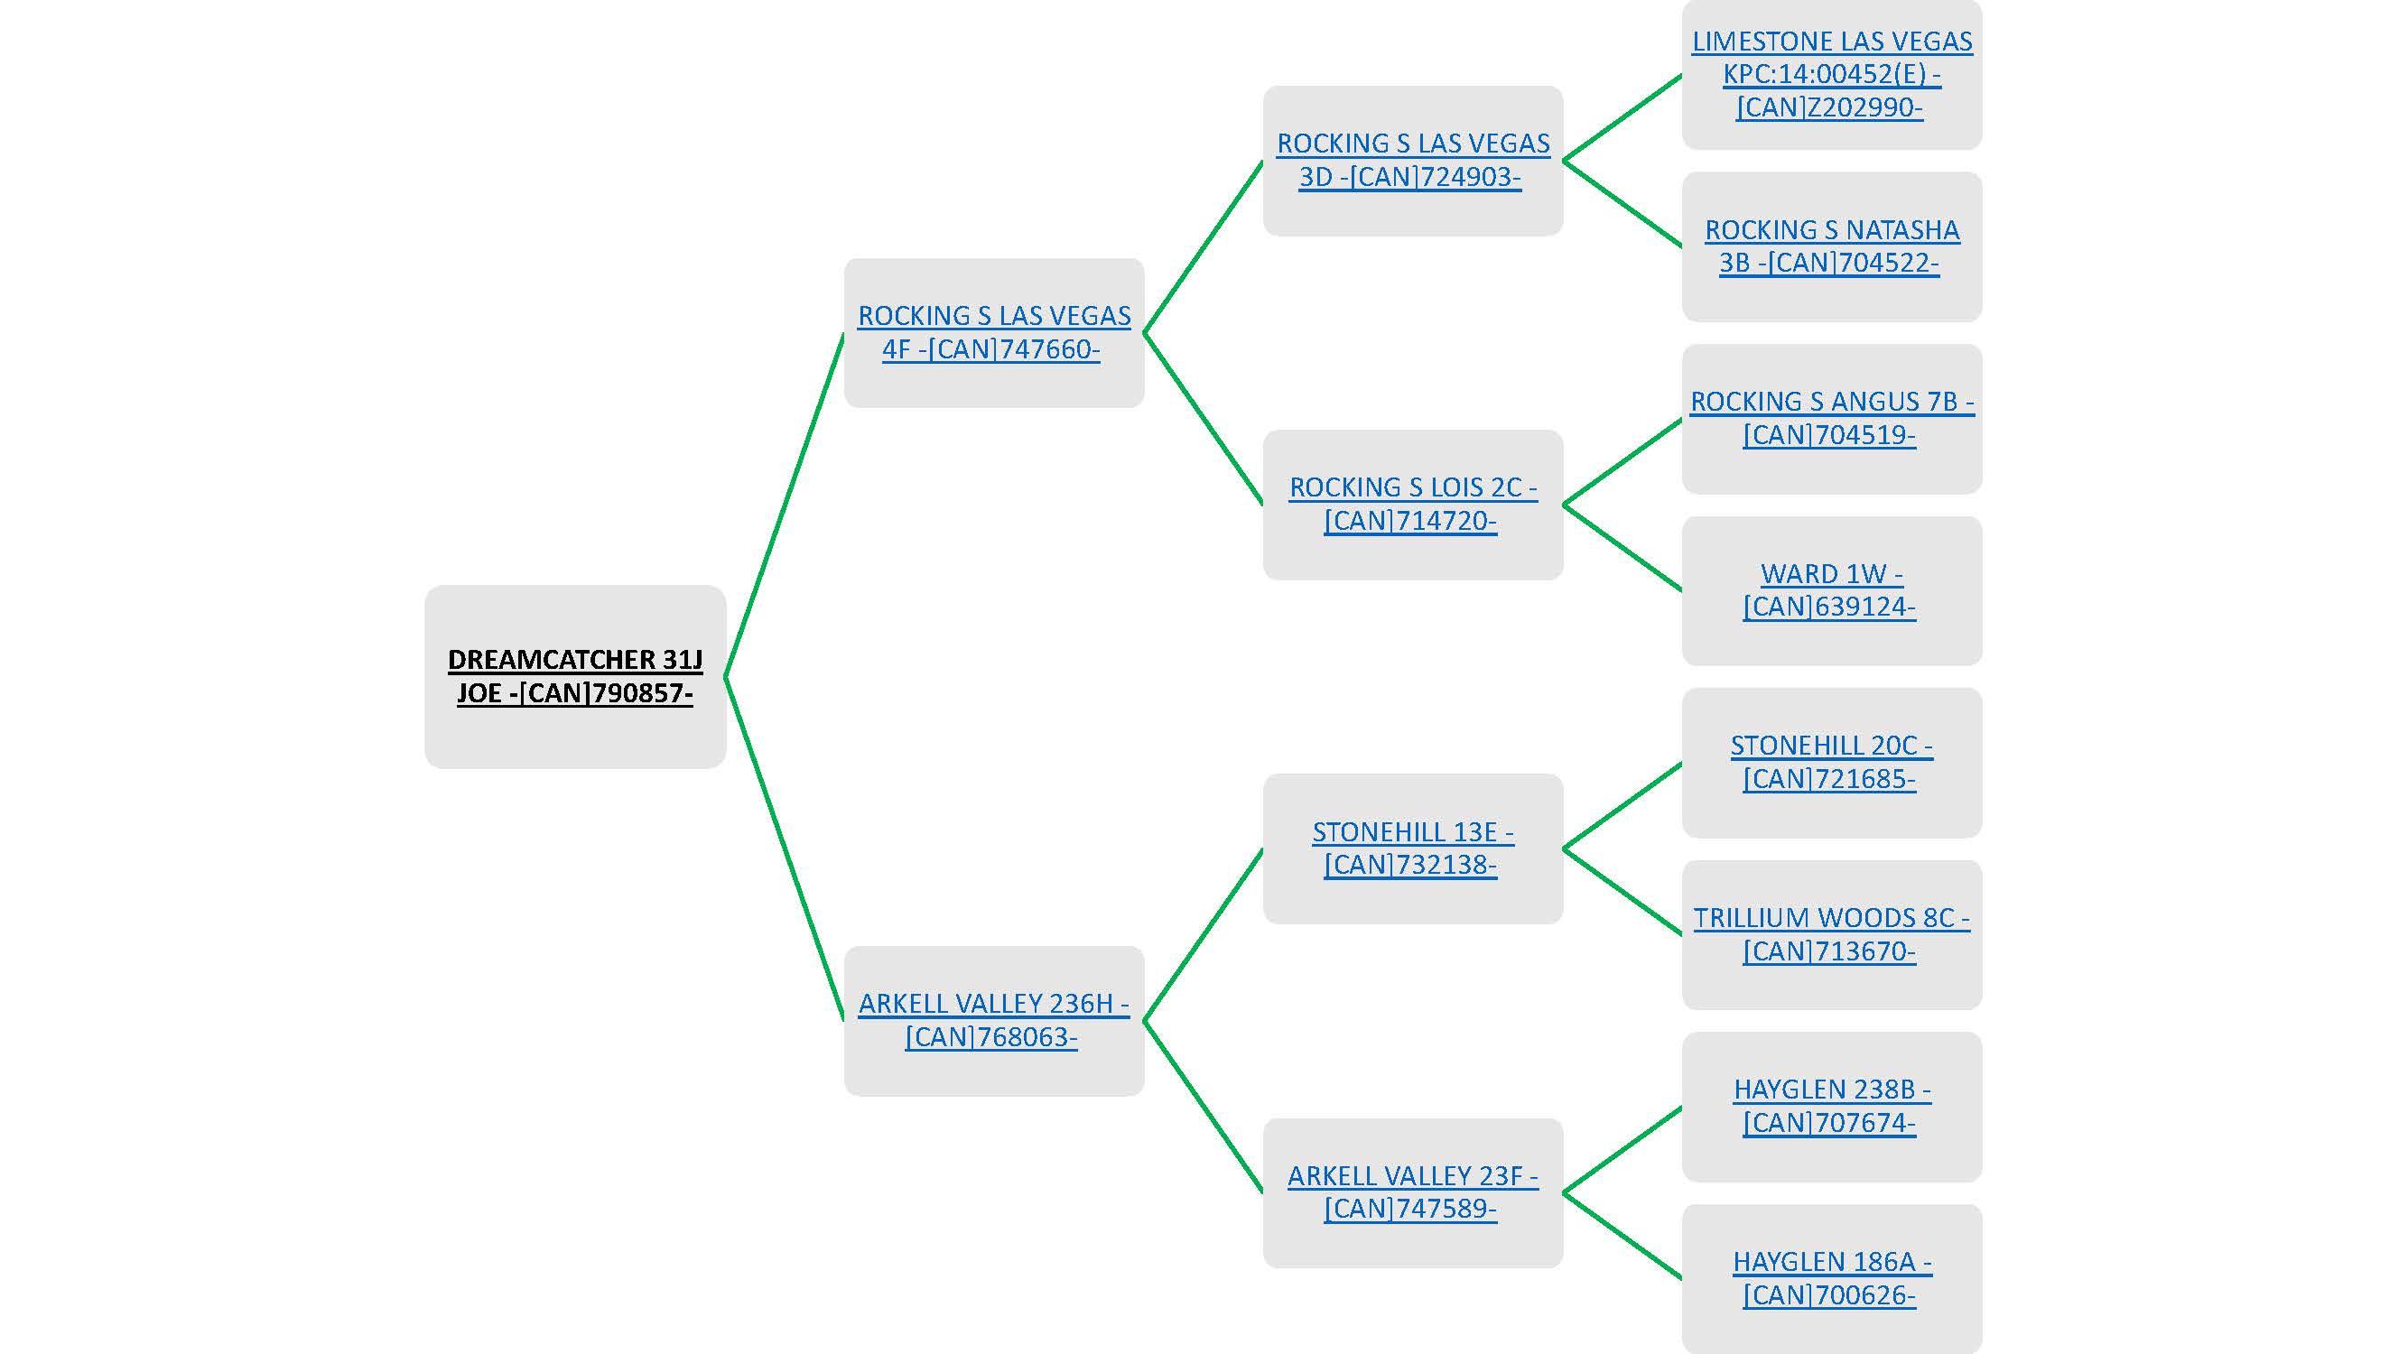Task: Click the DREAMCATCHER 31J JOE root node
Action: (575, 676)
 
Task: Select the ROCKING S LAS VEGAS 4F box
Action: (993, 333)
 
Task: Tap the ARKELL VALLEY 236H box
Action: (993, 1020)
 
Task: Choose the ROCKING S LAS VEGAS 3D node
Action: (1411, 161)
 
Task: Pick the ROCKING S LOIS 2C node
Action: (1411, 505)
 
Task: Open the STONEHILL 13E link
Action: (1411, 849)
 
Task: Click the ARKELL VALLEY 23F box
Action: (1411, 1192)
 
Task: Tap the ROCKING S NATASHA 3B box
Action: (1831, 246)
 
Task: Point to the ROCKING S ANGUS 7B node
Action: (1831, 419)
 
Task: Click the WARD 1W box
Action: (1831, 590)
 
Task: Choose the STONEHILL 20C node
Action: (1831, 763)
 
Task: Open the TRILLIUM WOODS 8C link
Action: (1831, 934)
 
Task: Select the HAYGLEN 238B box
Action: (1831, 1107)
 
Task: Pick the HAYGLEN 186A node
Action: (1831, 1278)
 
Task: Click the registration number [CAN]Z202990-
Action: (1829, 107)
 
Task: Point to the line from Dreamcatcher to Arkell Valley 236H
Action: (785, 849)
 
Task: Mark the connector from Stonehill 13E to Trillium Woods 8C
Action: (1622, 891)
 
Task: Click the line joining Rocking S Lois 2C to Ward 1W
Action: (1622, 548)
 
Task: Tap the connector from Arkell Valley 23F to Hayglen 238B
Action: (1622, 1150)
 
